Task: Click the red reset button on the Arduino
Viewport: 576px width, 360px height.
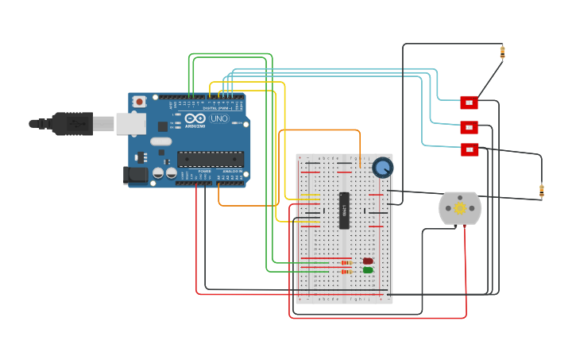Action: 139,101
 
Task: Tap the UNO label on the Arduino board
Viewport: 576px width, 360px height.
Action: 219,118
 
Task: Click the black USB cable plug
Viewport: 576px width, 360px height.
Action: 72,124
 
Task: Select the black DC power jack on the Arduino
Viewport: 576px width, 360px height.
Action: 135,175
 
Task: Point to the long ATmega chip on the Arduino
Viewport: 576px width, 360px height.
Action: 210,159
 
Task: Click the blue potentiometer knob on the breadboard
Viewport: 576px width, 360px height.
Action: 383,168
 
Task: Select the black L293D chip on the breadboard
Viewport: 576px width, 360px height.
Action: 344,211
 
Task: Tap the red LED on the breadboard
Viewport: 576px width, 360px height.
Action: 368,261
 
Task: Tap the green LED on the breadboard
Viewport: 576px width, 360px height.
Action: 368,270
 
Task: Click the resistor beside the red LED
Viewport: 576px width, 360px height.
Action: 346,262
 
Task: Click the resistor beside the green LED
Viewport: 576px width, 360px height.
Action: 346,272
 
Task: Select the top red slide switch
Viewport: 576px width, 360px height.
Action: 469,103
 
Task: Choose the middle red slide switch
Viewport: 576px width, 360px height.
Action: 469,127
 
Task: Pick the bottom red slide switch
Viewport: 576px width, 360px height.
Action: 470,149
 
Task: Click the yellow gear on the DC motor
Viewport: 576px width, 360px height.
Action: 460,208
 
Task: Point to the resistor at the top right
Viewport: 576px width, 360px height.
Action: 502,52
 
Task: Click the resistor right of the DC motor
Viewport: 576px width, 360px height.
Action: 542,190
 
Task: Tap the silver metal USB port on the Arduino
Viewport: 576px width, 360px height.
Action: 130,123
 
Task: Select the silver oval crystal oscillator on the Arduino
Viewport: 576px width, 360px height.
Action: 160,141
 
